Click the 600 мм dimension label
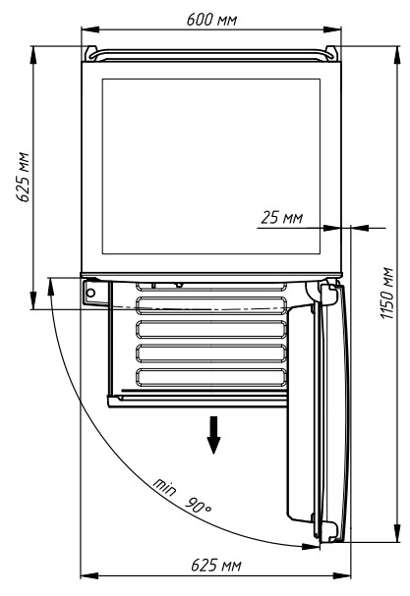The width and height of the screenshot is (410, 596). coord(211,19)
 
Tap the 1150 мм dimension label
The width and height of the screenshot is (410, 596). coord(386,294)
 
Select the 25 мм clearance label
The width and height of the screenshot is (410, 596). coord(282,217)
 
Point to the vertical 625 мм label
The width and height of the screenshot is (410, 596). coord(23,177)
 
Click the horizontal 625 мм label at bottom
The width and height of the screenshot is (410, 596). coord(216,566)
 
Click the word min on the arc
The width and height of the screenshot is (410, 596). coord(165,487)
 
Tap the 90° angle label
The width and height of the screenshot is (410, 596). coord(198,505)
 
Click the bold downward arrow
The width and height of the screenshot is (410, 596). coord(213,435)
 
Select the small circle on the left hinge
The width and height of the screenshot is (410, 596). coord(90,293)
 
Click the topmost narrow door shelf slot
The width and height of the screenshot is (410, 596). coord(211,287)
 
